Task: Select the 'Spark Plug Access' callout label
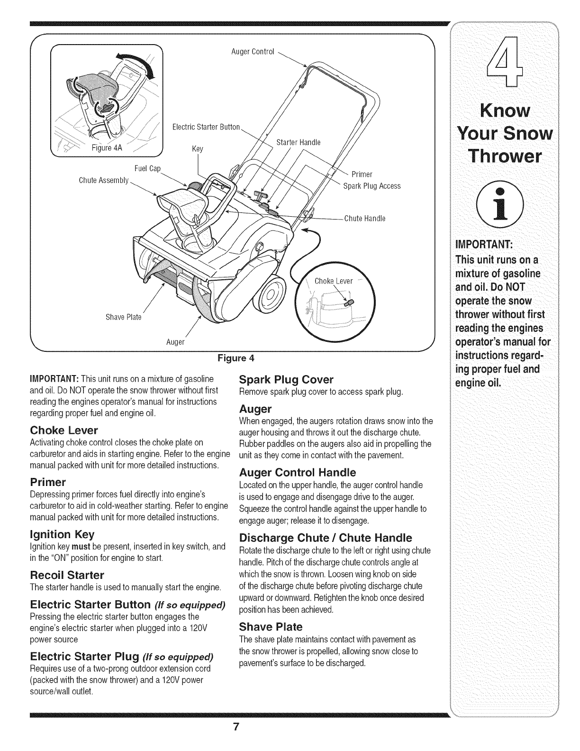point(372,186)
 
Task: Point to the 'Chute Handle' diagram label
point(364,219)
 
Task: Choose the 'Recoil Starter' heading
point(67,576)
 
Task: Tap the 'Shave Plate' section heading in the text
point(271,627)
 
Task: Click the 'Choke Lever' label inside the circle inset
point(334,281)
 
